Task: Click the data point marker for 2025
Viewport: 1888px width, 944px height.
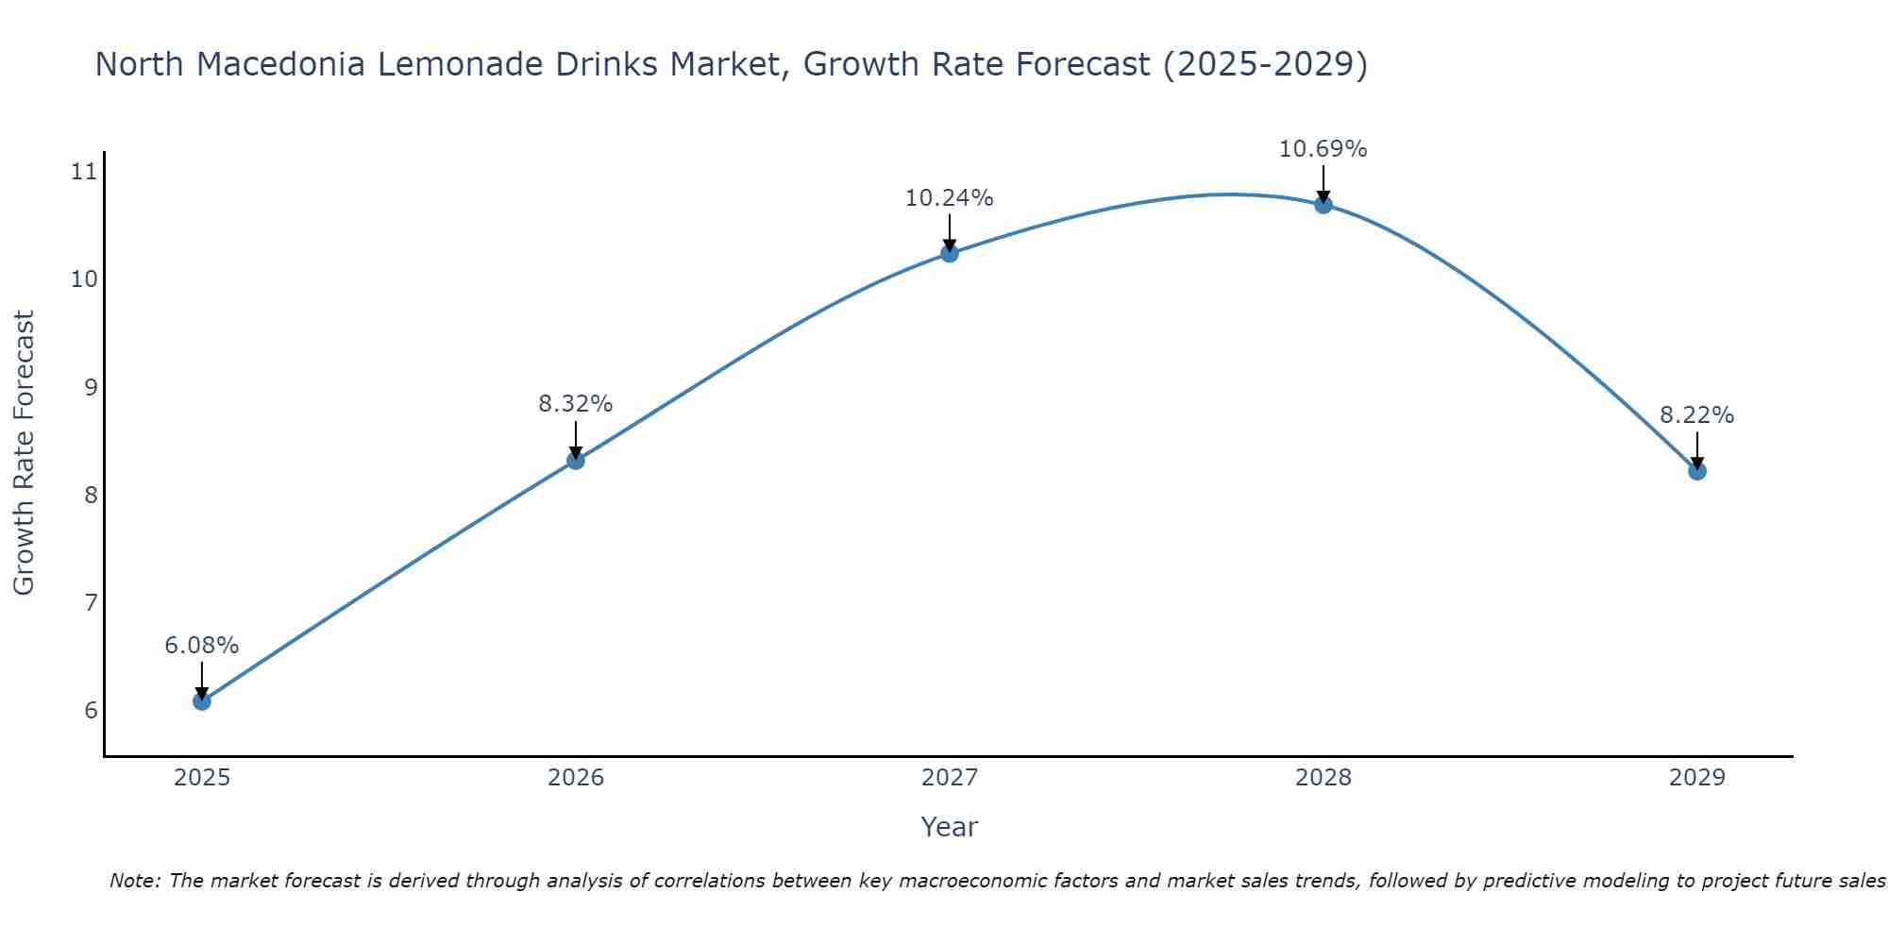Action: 202,701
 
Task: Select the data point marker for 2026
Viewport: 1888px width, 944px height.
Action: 576,461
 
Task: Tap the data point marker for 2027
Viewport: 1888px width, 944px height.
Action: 950,253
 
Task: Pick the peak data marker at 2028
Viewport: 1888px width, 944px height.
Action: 1323,204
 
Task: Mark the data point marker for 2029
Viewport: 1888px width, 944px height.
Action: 1697,471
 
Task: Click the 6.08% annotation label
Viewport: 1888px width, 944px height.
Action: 202,646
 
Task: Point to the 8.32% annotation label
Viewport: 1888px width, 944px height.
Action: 576,404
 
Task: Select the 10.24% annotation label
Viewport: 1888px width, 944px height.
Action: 950,198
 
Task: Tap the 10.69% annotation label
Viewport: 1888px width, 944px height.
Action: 1323,149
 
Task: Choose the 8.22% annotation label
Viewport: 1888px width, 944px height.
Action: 1697,415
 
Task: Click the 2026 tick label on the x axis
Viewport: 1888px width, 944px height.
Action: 576,778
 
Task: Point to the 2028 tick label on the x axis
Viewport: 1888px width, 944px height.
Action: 1323,778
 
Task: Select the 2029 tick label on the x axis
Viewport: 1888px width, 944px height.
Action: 1697,778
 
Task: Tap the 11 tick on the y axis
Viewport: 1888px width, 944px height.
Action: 84,172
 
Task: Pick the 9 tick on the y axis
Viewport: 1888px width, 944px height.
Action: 91,387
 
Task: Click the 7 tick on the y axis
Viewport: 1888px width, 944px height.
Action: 91,602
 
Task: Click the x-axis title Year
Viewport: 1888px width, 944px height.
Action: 950,827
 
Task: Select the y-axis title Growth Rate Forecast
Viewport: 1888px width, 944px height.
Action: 24,453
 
